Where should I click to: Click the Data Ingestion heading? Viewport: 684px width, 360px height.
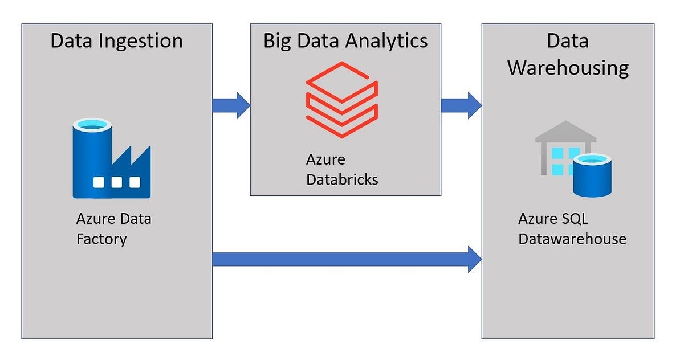116,41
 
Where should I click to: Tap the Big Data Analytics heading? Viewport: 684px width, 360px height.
345,41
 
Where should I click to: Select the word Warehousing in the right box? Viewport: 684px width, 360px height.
568,68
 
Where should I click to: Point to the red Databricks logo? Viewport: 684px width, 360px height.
342,99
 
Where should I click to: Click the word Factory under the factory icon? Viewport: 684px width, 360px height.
101,238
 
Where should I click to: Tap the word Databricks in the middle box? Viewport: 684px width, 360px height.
342,179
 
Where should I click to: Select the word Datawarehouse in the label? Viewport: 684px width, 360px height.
572,238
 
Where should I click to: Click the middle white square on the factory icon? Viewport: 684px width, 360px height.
117,183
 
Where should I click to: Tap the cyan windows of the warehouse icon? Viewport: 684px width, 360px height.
561,161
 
